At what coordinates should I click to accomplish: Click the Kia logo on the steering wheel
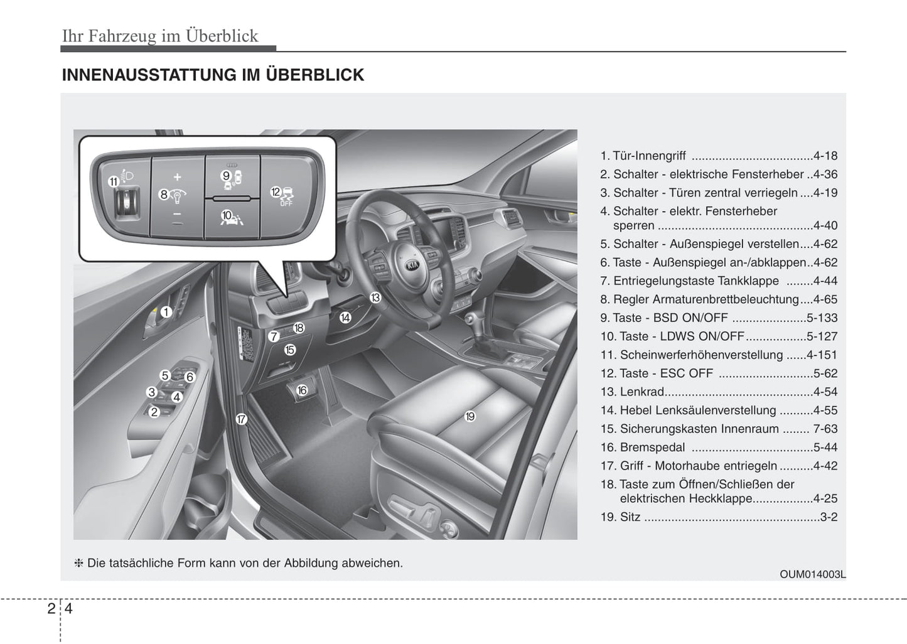(x=413, y=265)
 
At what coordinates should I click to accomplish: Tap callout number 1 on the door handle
(x=166, y=312)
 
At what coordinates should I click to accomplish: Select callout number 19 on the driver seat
(x=470, y=416)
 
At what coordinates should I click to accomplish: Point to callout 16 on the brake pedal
(x=302, y=390)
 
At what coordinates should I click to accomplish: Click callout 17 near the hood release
(x=242, y=419)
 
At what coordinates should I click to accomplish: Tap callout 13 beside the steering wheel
(x=375, y=298)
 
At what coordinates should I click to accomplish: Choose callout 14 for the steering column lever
(x=345, y=318)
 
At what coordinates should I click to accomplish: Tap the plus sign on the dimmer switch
(x=178, y=177)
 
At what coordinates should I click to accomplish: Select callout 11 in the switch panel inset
(x=114, y=182)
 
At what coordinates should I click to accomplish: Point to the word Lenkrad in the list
(x=641, y=392)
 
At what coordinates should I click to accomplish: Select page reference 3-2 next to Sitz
(x=829, y=518)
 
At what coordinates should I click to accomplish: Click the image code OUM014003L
(x=813, y=574)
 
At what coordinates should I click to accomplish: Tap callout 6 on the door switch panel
(x=190, y=377)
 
